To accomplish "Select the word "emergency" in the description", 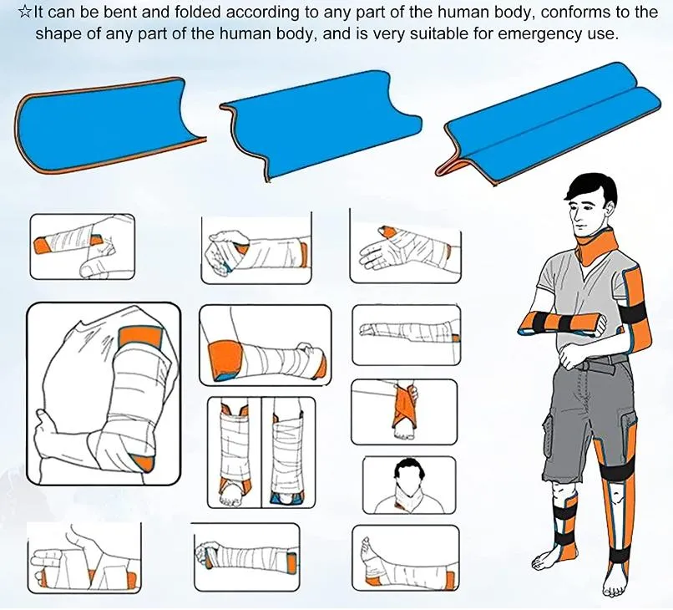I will [x=534, y=34].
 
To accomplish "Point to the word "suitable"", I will [x=439, y=34].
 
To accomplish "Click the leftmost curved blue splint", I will [x=109, y=125].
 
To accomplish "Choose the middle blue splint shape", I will [x=321, y=125].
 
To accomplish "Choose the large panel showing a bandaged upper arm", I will [x=104, y=393].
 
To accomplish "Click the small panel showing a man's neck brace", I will [x=408, y=485].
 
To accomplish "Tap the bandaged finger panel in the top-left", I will [x=82, y=247].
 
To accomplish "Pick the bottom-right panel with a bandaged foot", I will [x=404, y=558].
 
